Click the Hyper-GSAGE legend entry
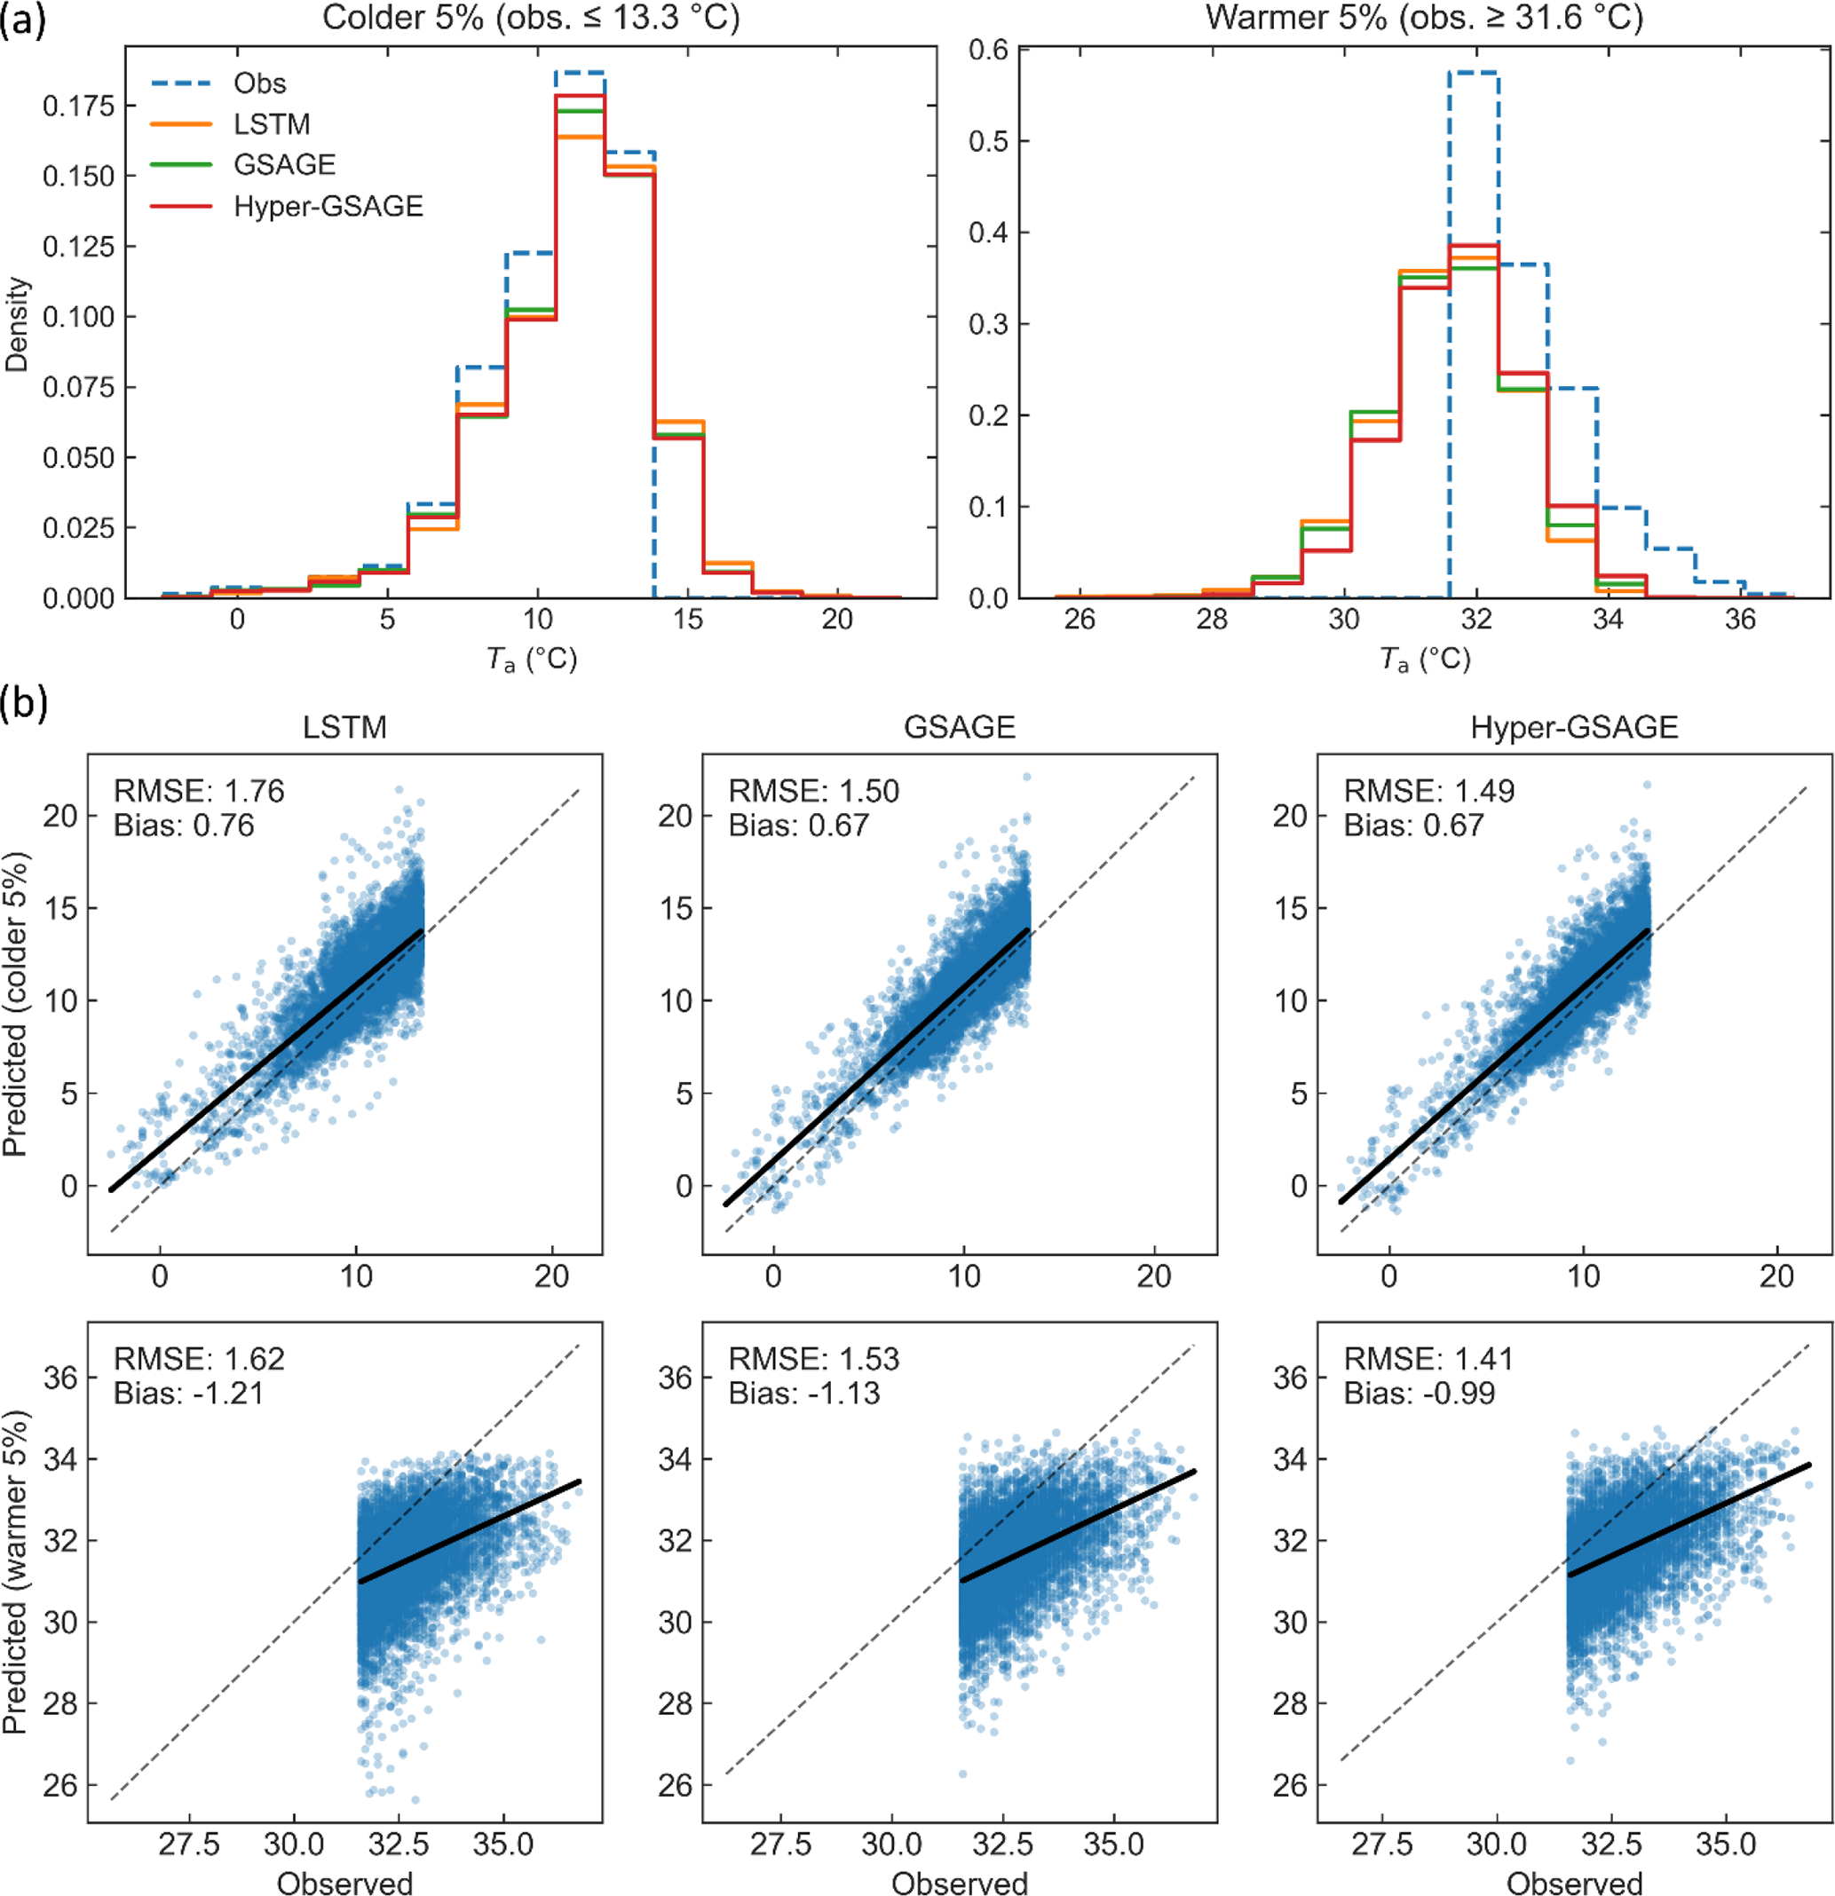pyautogui.click(x=328, y=206)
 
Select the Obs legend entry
pyautogui.click(x=259, y=83)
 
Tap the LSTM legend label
pyautogui.click(x=272, y=123)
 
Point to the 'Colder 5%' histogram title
pyautogui.click(x=530, y=18)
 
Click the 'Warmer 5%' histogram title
pyautogui.click(x=1424, y=18)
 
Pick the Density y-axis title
pyautogui.click(x=18, y=324)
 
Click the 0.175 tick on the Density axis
pyautogui.click(x=77, y=106)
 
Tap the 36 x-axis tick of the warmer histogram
pyautogui.click(x=1739, y=619)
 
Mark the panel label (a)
pyautogui.click(x=23, y=20)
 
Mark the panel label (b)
pyautogui.click(x=23, y=703)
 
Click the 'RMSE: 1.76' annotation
pyautogui.click(x=199, y=791)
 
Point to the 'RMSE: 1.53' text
pyautogui.click(x=813, y=1359)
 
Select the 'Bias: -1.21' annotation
pyautogui.click(x=188, y=1393)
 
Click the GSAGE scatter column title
pyautogui.click(x=959, y=728)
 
